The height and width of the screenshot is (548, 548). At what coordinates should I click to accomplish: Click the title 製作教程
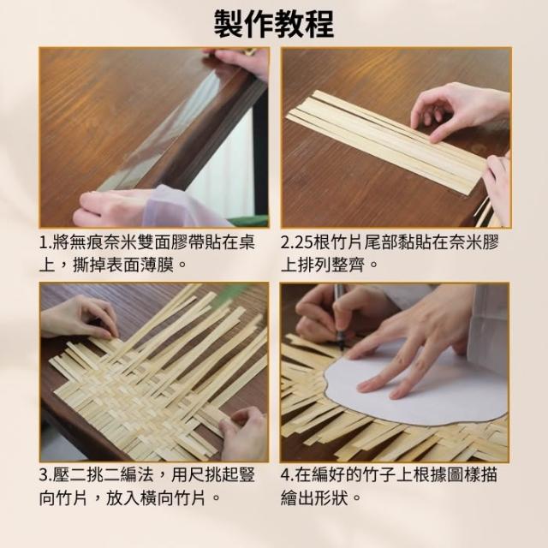[x=274, y=24]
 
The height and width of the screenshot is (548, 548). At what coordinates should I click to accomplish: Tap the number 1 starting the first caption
[x=44, y=242]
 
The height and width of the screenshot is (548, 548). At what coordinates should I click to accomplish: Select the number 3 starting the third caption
[x=44, y=475]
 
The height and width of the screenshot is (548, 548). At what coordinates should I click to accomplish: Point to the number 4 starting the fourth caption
[x=286, y=475]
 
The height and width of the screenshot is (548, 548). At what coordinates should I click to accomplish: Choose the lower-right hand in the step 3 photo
[x=244, y=433]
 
